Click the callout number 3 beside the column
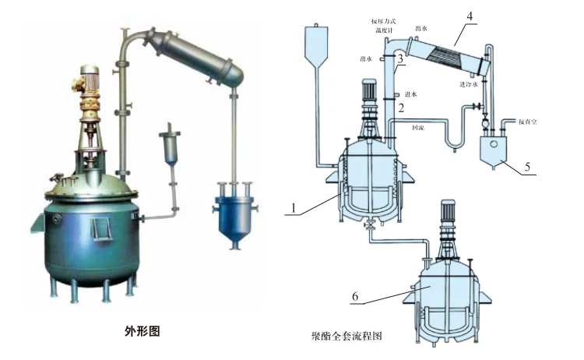(x=399, y=58)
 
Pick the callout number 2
(x=401, y=108)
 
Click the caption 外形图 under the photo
(x=142, y=330)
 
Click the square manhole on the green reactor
(x=100, y=228)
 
